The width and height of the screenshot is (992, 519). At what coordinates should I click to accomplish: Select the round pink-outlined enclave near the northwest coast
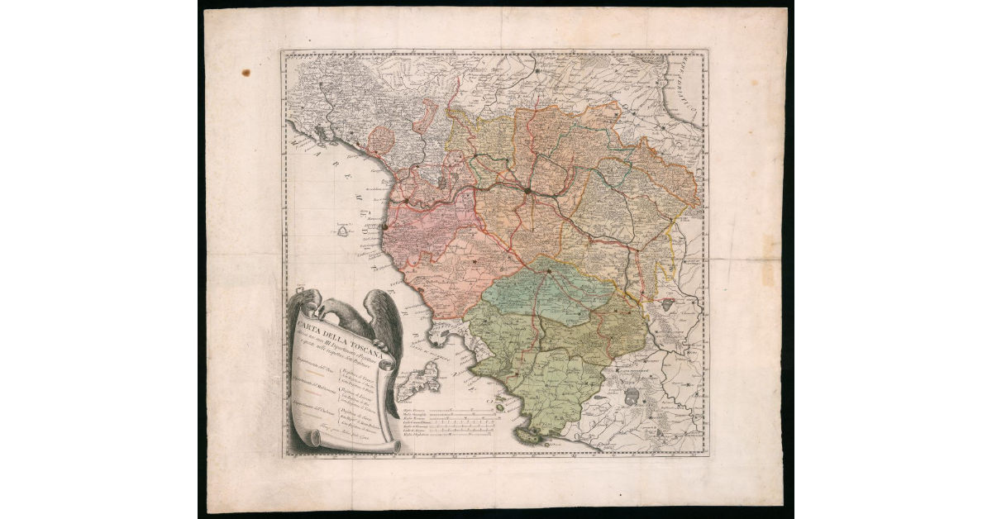click(383, 138)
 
